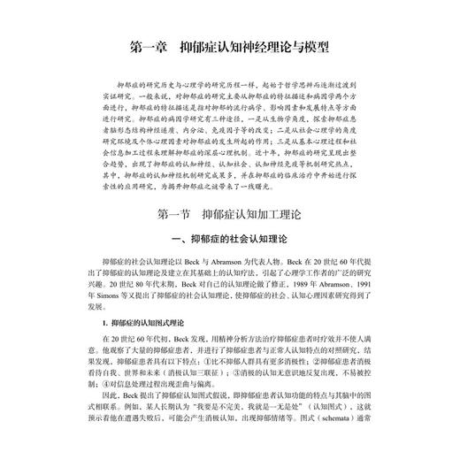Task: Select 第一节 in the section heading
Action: (173, 214)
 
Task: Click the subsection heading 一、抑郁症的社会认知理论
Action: (229, 241)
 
